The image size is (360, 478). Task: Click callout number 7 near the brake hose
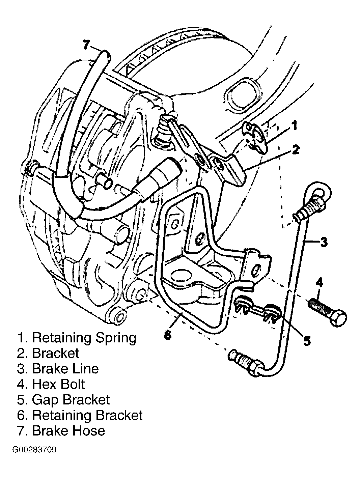(86, 45)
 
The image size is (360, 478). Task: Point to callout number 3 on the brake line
(324, 242)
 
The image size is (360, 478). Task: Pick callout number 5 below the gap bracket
(307, 340)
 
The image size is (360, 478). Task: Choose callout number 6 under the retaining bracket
(168, 335)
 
